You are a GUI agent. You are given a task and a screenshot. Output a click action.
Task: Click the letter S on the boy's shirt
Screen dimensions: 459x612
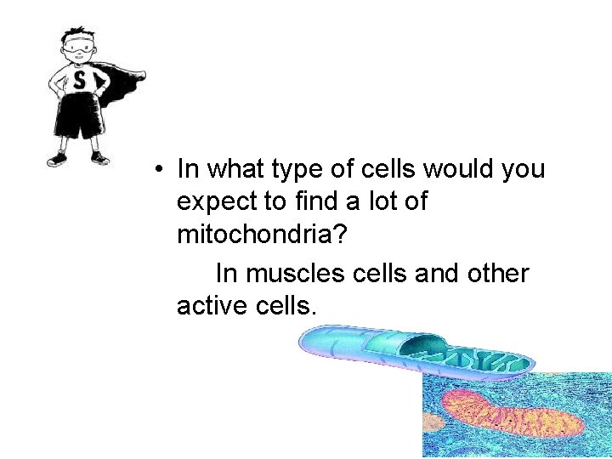(x=79, y=82)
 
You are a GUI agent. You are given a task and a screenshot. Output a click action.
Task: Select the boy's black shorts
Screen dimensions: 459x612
(x=79, y=119)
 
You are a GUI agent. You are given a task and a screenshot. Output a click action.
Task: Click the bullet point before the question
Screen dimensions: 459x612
(x=159, y=169)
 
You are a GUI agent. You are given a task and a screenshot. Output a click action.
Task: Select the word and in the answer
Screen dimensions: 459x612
(x=427, y=274)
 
